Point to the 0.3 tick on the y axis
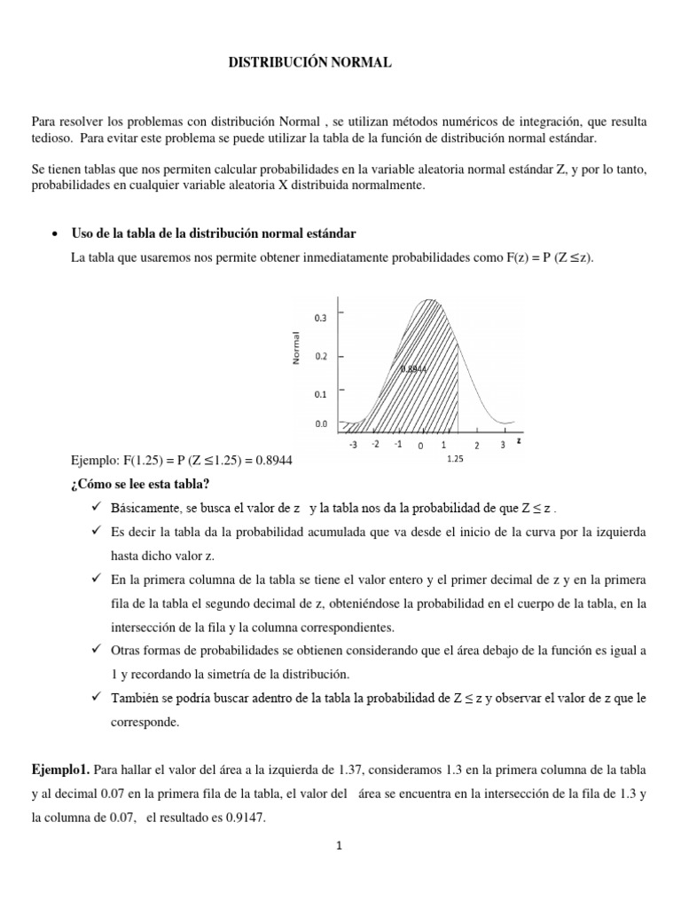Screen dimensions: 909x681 point(320,317)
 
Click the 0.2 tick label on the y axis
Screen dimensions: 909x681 point(320,356)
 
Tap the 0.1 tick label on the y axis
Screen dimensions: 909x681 point(320,393)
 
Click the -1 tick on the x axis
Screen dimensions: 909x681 point(398,444)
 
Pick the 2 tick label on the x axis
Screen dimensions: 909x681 point(476,445)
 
